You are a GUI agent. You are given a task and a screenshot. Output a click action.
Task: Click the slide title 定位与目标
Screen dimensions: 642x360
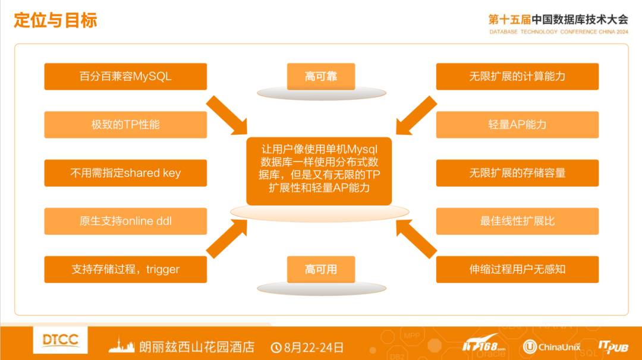55,20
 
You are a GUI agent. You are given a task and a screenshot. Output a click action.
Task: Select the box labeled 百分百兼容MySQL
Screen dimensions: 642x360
125,77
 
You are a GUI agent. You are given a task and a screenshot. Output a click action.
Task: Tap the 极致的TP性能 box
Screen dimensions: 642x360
125,125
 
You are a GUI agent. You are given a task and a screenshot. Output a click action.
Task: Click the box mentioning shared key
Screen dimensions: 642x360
125,173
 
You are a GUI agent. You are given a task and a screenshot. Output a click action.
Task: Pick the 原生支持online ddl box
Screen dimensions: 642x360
125,221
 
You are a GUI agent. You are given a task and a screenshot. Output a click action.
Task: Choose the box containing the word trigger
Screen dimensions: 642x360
125,269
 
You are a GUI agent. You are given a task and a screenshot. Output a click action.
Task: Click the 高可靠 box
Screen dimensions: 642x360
321,77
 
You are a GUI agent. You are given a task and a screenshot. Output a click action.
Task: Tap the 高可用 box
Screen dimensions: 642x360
321,269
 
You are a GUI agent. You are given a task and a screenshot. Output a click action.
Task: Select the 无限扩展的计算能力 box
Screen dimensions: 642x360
517,77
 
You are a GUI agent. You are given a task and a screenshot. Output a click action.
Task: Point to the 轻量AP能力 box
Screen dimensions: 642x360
517,125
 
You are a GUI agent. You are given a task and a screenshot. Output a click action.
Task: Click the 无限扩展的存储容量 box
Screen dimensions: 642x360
517,173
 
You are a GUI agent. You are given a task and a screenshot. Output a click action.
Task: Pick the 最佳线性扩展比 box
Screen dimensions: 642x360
517,221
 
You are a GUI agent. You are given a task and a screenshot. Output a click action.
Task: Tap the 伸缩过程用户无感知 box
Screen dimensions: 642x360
517,269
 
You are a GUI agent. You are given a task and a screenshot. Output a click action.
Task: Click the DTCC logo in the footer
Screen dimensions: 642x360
61,340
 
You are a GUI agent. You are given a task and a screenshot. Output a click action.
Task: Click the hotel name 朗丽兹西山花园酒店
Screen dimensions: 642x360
197,347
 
